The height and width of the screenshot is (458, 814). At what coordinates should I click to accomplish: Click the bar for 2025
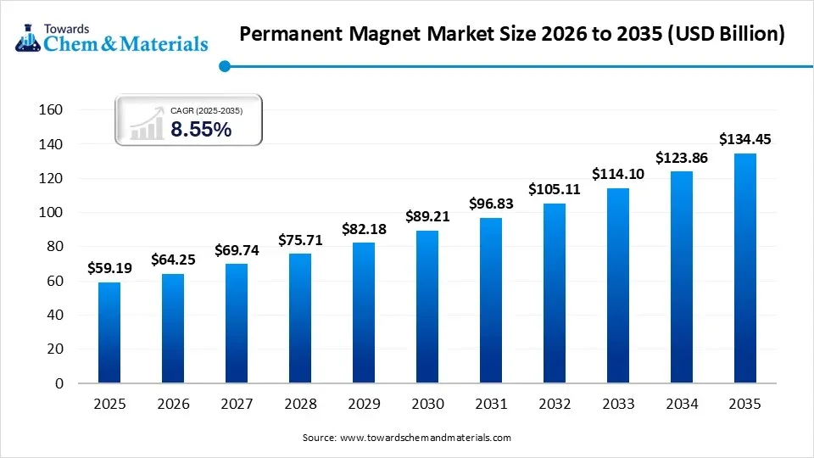[x=109, y=332]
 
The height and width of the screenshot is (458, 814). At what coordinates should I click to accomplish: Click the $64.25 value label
[x=172, y=260]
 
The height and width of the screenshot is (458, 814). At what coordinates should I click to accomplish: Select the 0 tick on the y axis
[x=59, y=383]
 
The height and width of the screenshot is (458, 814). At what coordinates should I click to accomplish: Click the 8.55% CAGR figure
[x=201, y=130]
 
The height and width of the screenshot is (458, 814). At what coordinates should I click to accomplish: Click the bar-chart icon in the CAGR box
[x=147, y=125]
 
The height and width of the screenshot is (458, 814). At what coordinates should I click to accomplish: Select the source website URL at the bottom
[x=425, y=438]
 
